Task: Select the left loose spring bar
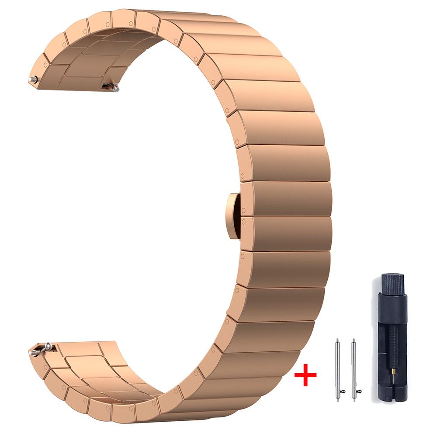click(337, 370)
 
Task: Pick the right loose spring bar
click(353, 370)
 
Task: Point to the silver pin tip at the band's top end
click(32, 80)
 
